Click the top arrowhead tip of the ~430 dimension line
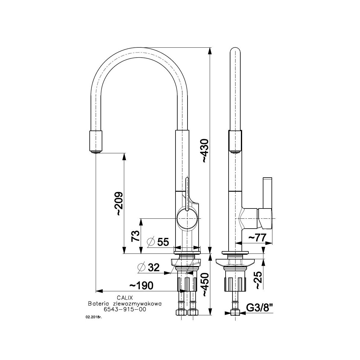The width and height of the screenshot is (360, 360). [x=210, y=47]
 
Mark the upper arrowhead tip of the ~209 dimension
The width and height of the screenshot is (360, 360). [x=124, y=153]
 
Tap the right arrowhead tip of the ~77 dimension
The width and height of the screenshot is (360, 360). [x=272, y=243]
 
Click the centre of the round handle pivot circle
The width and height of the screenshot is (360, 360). [x=187, y=218]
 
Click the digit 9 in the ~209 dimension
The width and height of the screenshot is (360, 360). [x=119, y=196]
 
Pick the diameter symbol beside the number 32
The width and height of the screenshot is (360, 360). [x=141, y=267]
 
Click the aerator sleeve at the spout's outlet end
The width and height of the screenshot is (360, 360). [x=96, y=141]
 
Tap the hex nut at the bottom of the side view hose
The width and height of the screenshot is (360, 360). [x=235, y=313]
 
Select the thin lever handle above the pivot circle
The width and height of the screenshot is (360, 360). [x=187, y=194]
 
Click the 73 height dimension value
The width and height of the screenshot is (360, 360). [x=135, y=236]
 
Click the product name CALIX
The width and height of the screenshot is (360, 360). [x=125, y=297]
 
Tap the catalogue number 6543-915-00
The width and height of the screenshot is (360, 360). [x=125, y=309]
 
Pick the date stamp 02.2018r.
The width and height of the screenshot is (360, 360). [x=94, y=317]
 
